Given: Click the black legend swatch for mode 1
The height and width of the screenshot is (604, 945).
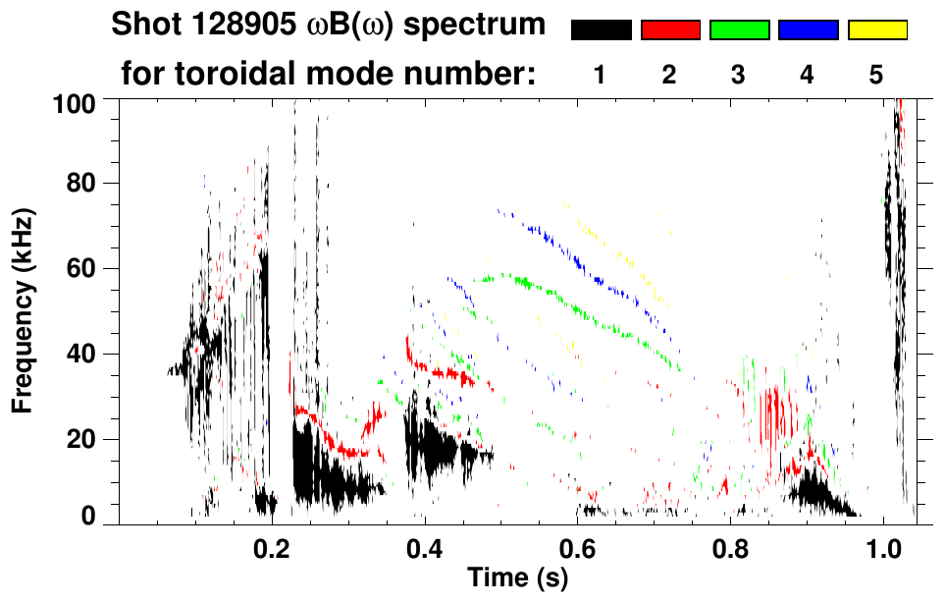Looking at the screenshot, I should click(601, 30).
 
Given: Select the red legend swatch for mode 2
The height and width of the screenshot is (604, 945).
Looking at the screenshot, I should click(670, 30).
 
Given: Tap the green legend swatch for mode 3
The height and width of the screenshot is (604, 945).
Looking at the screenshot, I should click(739, 30).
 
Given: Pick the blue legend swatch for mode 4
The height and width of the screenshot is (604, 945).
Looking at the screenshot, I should click(808, 30).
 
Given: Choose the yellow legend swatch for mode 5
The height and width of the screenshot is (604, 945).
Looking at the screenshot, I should click(876, 30).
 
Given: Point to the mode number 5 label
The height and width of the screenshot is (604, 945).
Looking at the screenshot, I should click(876, 76).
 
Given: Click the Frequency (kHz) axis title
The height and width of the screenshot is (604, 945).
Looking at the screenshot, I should click(26, 309).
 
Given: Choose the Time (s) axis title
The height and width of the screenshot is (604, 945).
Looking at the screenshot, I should click(517, 578).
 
